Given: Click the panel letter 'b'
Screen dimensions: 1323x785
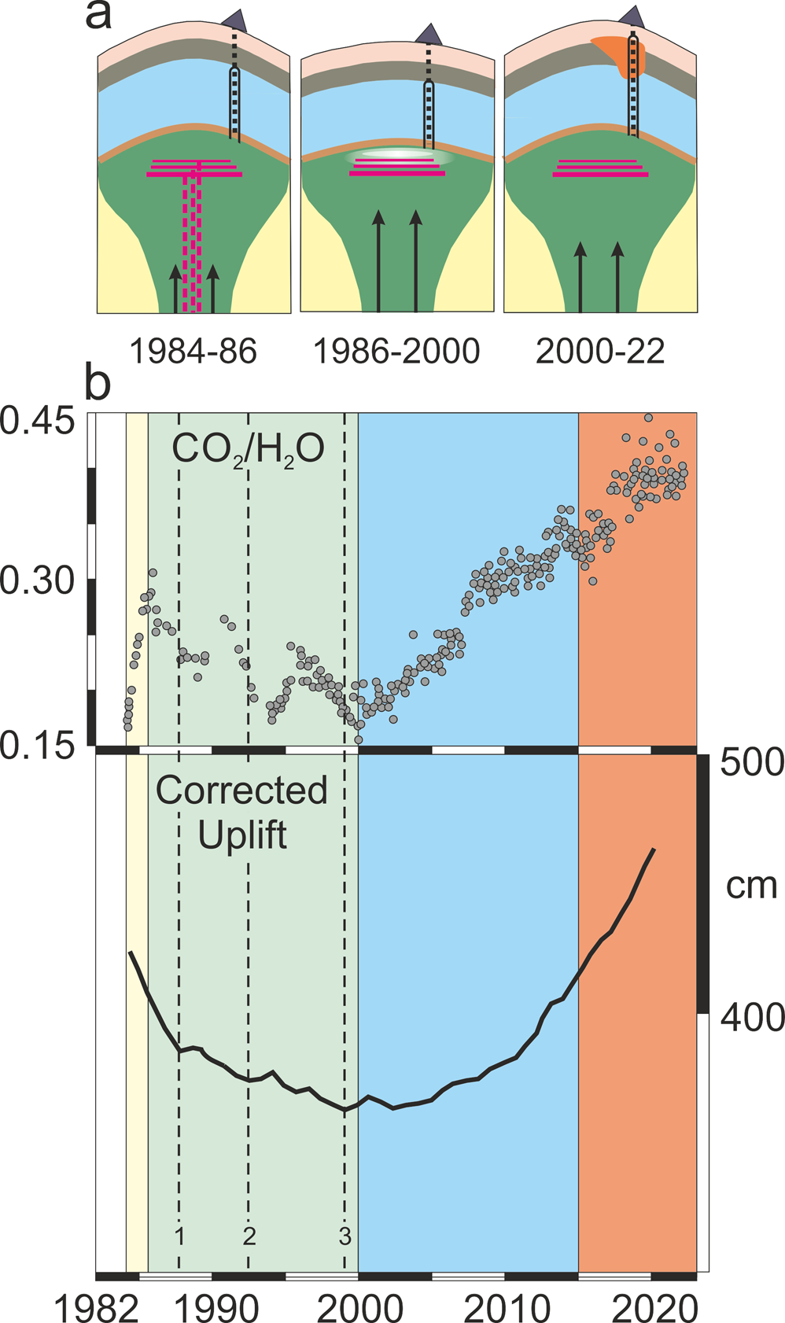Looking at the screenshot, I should (x=99, y=383).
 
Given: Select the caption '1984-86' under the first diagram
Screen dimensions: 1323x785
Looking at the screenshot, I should (x=193, y=350).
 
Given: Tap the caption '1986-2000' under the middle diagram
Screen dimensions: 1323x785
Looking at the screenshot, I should (x=396, y=350).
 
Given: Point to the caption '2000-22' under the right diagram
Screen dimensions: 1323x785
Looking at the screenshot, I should (x=600, y=350).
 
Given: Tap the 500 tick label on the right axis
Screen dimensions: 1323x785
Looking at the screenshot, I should (x=753, y=762).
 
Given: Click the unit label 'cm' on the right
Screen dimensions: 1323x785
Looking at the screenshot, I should (x=751, y=886).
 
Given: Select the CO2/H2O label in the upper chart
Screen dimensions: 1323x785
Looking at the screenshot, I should (x=248, y=450).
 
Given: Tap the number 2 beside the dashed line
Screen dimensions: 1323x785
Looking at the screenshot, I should (x=249, y=1236).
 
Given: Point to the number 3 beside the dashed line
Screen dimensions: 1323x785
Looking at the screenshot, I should (x=345, y=1236).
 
